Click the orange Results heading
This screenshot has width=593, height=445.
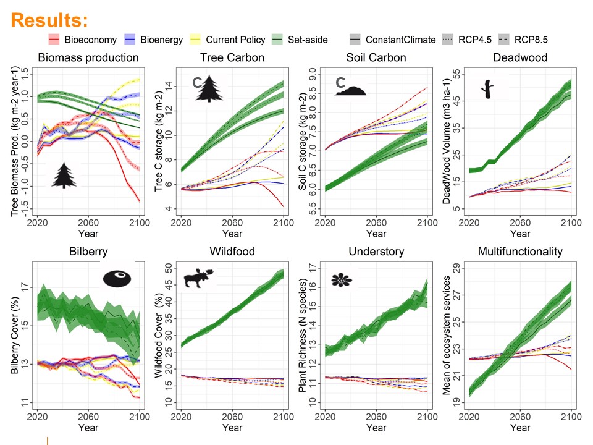[49, 20]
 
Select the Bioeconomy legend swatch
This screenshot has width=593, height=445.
[54, 40]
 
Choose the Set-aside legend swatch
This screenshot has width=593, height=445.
[277, 40]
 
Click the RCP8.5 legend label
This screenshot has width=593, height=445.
[531, 40]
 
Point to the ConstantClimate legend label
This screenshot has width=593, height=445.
[400, 40]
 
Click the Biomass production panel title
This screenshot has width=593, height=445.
[88, 57]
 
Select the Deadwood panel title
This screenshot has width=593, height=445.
[520, 57]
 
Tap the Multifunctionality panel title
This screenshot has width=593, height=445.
[520, 252]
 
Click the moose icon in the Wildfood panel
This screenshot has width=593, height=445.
[198, 278]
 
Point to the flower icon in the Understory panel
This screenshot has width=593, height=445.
[342, 280]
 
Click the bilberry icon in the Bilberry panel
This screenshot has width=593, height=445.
[117, 279]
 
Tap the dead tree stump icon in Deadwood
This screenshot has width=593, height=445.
[488, 89]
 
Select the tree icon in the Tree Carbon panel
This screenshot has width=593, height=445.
[209, 88]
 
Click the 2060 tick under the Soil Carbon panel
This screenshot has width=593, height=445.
[376, 223]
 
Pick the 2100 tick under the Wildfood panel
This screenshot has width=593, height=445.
[284, 417]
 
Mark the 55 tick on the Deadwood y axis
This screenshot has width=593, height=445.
[456, 74]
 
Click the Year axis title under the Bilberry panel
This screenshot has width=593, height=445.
[88, 428]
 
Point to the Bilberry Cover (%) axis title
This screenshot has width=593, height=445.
[15, 335]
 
